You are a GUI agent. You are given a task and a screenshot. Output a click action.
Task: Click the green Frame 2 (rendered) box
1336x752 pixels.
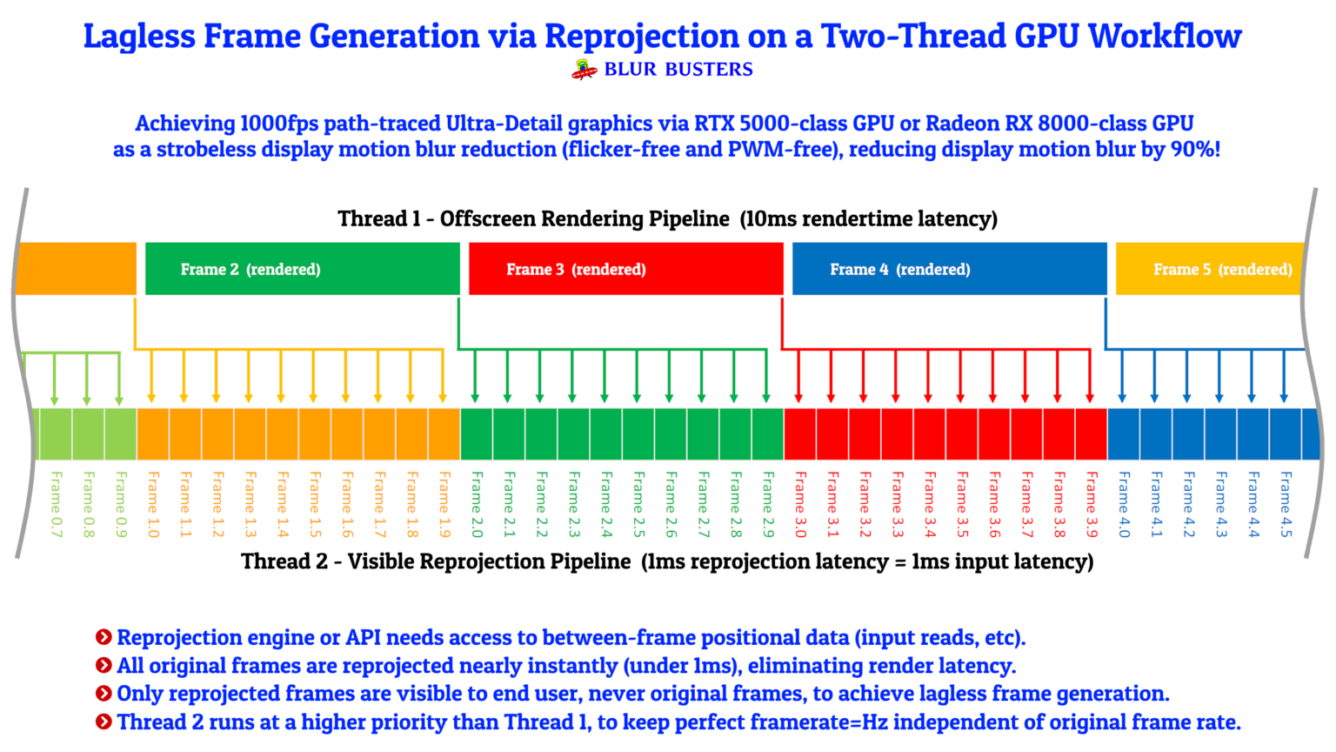click(302, 269)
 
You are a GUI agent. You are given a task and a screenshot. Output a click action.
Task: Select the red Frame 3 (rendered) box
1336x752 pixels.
click(625, 269)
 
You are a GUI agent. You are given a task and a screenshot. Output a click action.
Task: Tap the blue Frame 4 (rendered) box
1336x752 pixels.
click(949, 269)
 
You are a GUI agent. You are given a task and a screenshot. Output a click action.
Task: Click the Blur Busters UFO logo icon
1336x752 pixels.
click(584, 70)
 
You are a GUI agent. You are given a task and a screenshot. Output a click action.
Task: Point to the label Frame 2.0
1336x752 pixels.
click(477, 505)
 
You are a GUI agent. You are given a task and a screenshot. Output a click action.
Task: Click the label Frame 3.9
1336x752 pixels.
click(1092, 505)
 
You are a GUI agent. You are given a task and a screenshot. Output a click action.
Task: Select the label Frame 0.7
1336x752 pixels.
click(57, 505)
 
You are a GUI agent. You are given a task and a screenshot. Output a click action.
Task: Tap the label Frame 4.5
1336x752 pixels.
click(1286, 505)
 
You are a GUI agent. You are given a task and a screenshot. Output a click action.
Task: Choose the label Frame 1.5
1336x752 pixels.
click(315, 505)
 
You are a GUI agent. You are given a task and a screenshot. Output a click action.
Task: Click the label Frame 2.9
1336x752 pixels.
click(768, 505)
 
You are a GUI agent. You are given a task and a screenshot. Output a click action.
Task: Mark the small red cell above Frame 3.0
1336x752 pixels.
click(800, 433)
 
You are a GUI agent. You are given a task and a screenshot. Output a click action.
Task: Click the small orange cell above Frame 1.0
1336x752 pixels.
click(153, 433)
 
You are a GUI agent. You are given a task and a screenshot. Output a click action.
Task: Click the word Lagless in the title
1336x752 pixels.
click(138, 37)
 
